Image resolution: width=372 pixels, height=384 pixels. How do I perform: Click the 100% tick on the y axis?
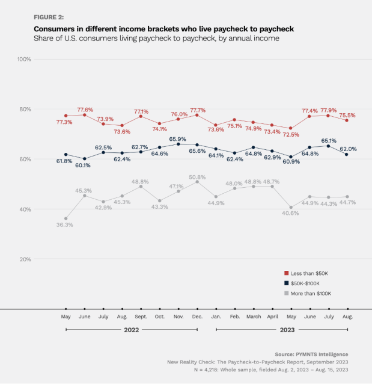pos(25,59)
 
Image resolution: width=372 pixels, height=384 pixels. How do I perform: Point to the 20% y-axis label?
pos(25,259)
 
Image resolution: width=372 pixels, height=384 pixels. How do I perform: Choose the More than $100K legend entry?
pos(311,293)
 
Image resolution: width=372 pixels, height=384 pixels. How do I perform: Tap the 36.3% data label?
pos(64,225)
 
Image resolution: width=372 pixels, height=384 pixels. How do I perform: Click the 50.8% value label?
pos(197,177)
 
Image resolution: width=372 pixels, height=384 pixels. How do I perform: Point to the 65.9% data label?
pos(177,139)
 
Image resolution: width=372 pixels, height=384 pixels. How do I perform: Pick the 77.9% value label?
pos(328,110)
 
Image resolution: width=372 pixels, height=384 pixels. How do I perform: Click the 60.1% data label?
pos(84,166)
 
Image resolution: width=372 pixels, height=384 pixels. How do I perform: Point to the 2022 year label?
pos(132,330)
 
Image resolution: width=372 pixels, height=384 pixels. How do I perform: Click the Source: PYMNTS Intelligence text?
pos(311,354)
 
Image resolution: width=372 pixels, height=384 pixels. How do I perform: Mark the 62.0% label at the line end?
pos(348,149)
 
